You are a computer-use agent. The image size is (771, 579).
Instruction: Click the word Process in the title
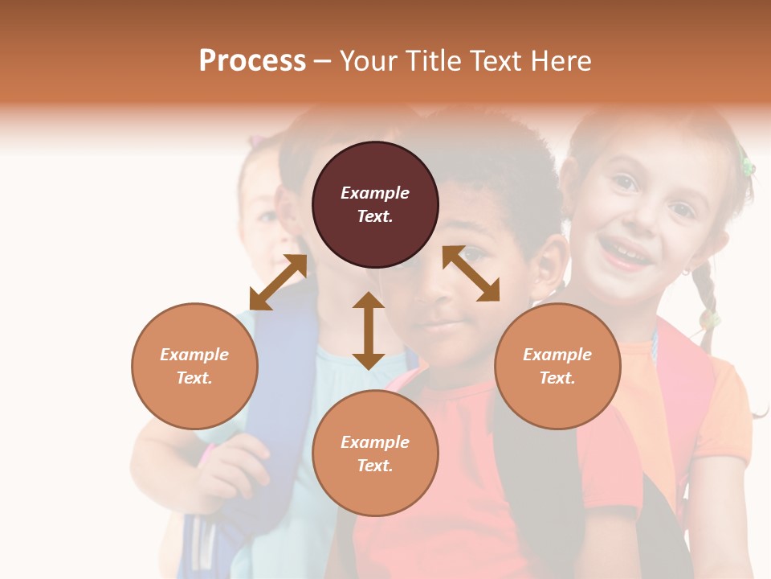coord(252,61)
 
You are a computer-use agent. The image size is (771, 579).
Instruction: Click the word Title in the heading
coord(434,61)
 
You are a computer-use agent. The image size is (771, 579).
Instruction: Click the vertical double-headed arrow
coord(369,331)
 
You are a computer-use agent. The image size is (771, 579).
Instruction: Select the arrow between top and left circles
coord(278,282)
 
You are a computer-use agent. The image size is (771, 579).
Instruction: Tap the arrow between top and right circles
coord(471,273)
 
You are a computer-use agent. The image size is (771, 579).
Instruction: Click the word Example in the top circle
coord(375,193)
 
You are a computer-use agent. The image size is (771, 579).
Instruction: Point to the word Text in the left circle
coord(194,378)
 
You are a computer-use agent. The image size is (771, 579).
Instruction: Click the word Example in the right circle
coord(557,355)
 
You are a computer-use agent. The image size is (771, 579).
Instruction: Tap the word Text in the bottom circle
coord(375,466)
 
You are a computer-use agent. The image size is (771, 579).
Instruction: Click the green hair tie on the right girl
coord(747,166)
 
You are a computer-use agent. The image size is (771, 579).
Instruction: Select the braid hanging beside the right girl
coord(707,306)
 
